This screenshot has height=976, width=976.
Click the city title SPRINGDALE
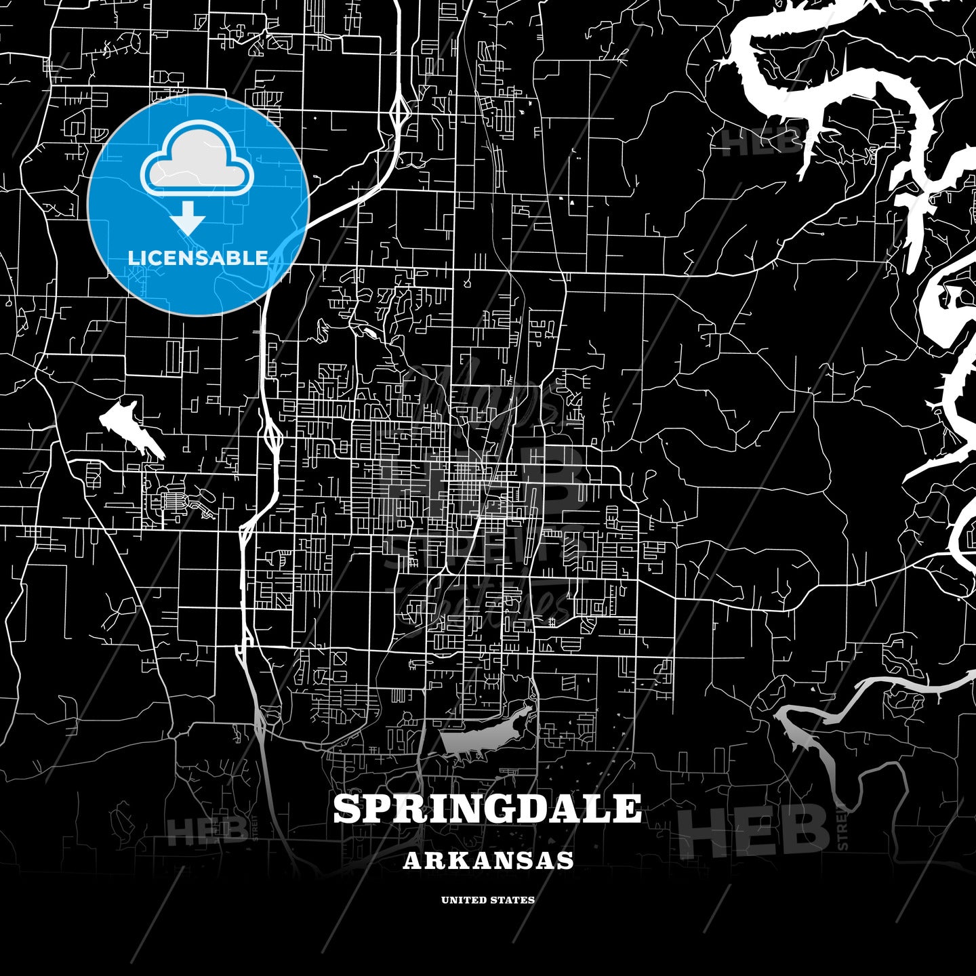pos(487,809)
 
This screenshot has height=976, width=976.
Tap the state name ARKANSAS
pos(488,860)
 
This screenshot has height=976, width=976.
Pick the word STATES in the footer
pos(513,900)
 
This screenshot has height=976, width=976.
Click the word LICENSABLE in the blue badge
pos(198,258)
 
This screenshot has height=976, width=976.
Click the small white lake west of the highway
pos(129,427)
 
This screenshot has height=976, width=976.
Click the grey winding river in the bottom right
pos(840,746)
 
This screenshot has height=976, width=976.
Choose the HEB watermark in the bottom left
pos(207,830)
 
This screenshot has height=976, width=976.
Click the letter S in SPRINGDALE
pos(348,809)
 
